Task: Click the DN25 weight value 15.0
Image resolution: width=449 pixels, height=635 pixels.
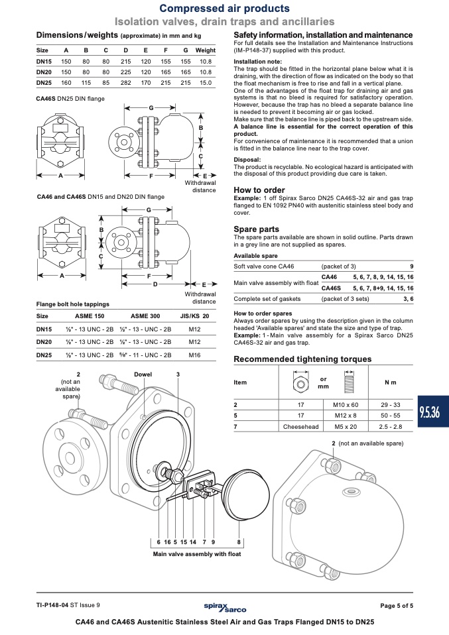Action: [x=206, y=83]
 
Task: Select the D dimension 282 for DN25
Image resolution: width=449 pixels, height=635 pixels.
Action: [x=125, y=83]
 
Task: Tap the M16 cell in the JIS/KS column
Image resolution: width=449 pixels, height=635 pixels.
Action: [x=194, y=355]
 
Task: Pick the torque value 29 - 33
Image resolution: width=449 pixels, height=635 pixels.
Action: [x=390, y=404]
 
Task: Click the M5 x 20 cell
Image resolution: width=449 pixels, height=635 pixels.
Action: [x=346, y=426]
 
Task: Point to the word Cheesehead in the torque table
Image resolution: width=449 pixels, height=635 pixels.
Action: [x=300, y=426]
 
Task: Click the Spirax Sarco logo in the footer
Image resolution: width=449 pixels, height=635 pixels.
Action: [x=225, y=607]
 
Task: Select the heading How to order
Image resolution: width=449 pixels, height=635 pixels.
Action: [x=259, y=190]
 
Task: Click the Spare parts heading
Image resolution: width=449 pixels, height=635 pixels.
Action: [x=256, y=229]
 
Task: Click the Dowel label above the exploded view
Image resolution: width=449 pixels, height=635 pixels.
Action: [x=143, y=375]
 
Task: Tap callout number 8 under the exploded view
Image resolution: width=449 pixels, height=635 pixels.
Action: [x=239, y=542]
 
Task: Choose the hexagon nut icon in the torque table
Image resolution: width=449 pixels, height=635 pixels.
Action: [x=300, y=382]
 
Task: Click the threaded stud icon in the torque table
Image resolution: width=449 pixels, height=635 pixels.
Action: [x=349, y=382]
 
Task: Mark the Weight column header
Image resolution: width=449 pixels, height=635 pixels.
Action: [x=206, y=50]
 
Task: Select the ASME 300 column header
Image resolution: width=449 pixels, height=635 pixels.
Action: [x=145, y=316]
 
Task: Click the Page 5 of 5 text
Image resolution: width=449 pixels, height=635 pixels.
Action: [x=397, y=606]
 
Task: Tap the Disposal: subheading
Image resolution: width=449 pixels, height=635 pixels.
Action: [x=247, y=160]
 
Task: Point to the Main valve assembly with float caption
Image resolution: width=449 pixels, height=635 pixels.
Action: [x=197, y=554]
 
